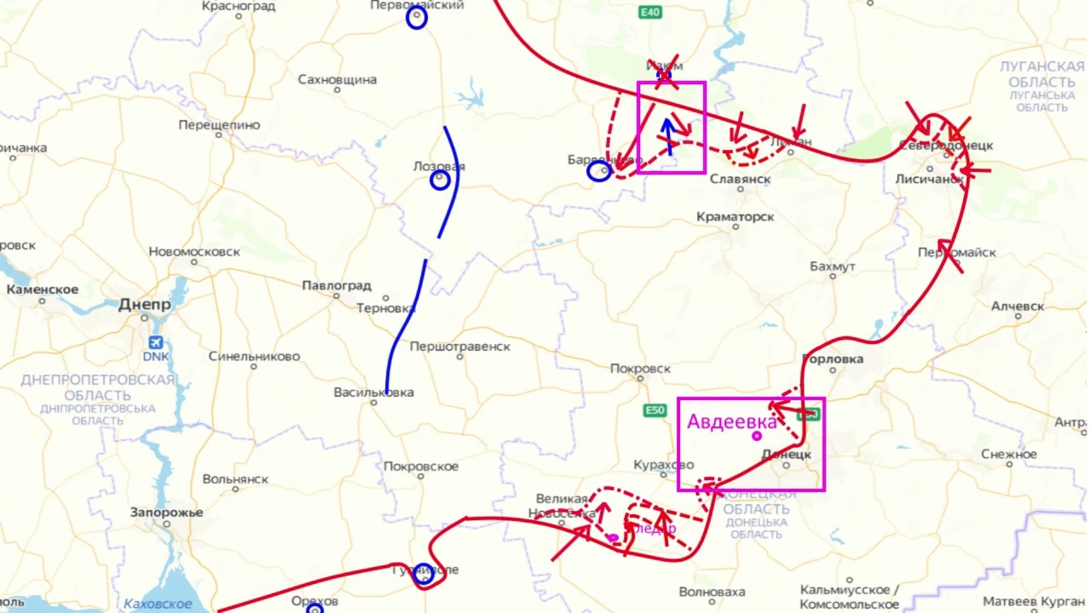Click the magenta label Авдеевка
(732, 421)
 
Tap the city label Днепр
(145, 305)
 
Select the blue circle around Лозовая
(440, 180)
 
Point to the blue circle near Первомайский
(416, 19)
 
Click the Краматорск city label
(735, 217)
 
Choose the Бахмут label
(832, 266)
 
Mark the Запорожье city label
(166, 513)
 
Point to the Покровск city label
(640, 369)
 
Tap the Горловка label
(833, 359)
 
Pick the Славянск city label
(740, 180)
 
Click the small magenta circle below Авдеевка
(757, 436)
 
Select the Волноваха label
(712, 592)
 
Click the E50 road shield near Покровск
(654, 411)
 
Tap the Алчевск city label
(1017, 306)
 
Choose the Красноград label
(239, 7)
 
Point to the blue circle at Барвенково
(599, 172)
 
